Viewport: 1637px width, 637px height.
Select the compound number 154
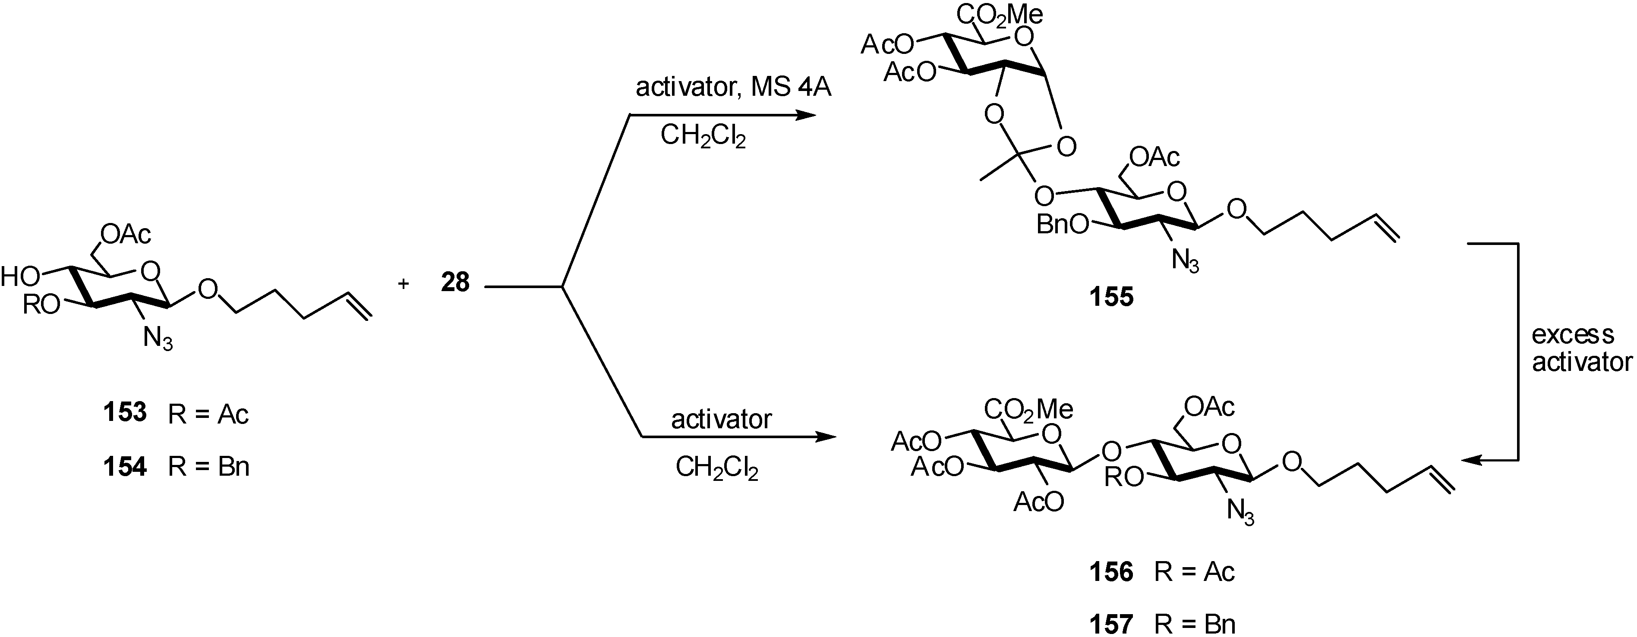tap(125, 467)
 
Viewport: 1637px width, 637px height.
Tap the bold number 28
tap(455, 282)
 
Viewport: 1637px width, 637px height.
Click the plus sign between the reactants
tap(403, 284)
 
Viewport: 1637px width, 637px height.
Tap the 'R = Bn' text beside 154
tap(208, 467)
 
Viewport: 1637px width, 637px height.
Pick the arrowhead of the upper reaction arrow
tap(806, 115)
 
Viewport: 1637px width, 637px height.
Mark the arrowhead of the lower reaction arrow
tap(825, 437)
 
